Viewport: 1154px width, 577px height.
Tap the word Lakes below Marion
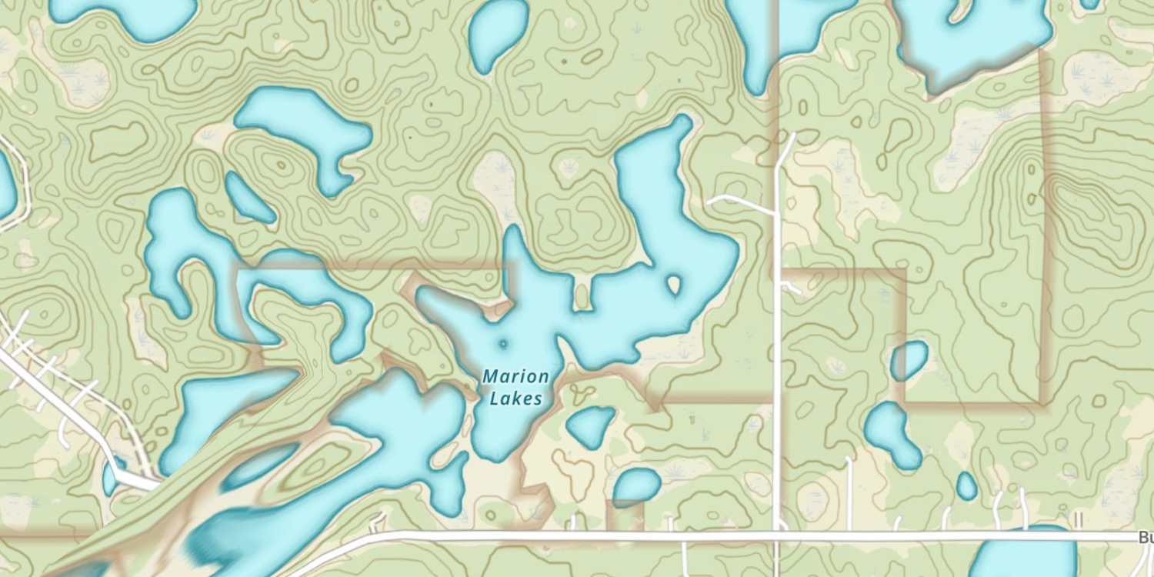(x=516, y=399)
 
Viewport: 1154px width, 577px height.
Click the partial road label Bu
(x=1146, y=538)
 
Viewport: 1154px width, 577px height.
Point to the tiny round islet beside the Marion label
(x=504, y=345)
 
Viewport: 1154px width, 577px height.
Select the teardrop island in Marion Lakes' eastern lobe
(x=675, y=285)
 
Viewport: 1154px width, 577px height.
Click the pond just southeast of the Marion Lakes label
(x=590, y=426)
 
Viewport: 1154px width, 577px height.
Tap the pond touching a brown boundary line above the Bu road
(x=636, y=487)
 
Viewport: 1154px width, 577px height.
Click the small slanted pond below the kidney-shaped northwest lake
(x=249, y=198)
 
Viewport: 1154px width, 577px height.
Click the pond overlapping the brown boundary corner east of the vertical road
(x=909, y=360)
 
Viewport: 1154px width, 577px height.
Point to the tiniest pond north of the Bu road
(x=967, y=486)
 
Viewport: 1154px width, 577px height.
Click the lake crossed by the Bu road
(x=1023, y=558)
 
